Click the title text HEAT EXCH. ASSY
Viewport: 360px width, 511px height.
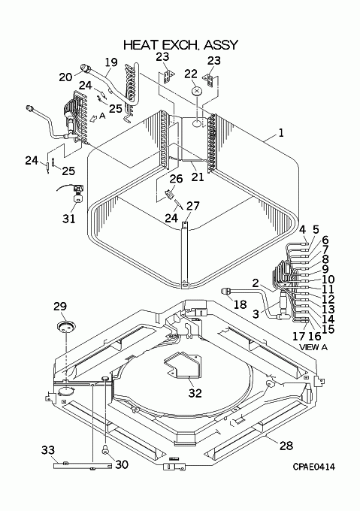click(180, 45)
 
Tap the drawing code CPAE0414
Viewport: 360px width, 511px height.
click(313, 467)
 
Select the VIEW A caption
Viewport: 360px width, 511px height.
click(313, 347)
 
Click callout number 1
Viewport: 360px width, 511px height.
click(280, 133)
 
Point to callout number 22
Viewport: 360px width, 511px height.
click(191, 74)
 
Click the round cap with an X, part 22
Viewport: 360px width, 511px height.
click(196, 91)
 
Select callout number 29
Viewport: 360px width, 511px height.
click(60, 307)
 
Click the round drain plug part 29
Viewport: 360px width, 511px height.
click(65, 326)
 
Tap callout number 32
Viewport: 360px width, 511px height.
click(195, 393)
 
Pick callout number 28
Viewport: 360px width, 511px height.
click(286, 445)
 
